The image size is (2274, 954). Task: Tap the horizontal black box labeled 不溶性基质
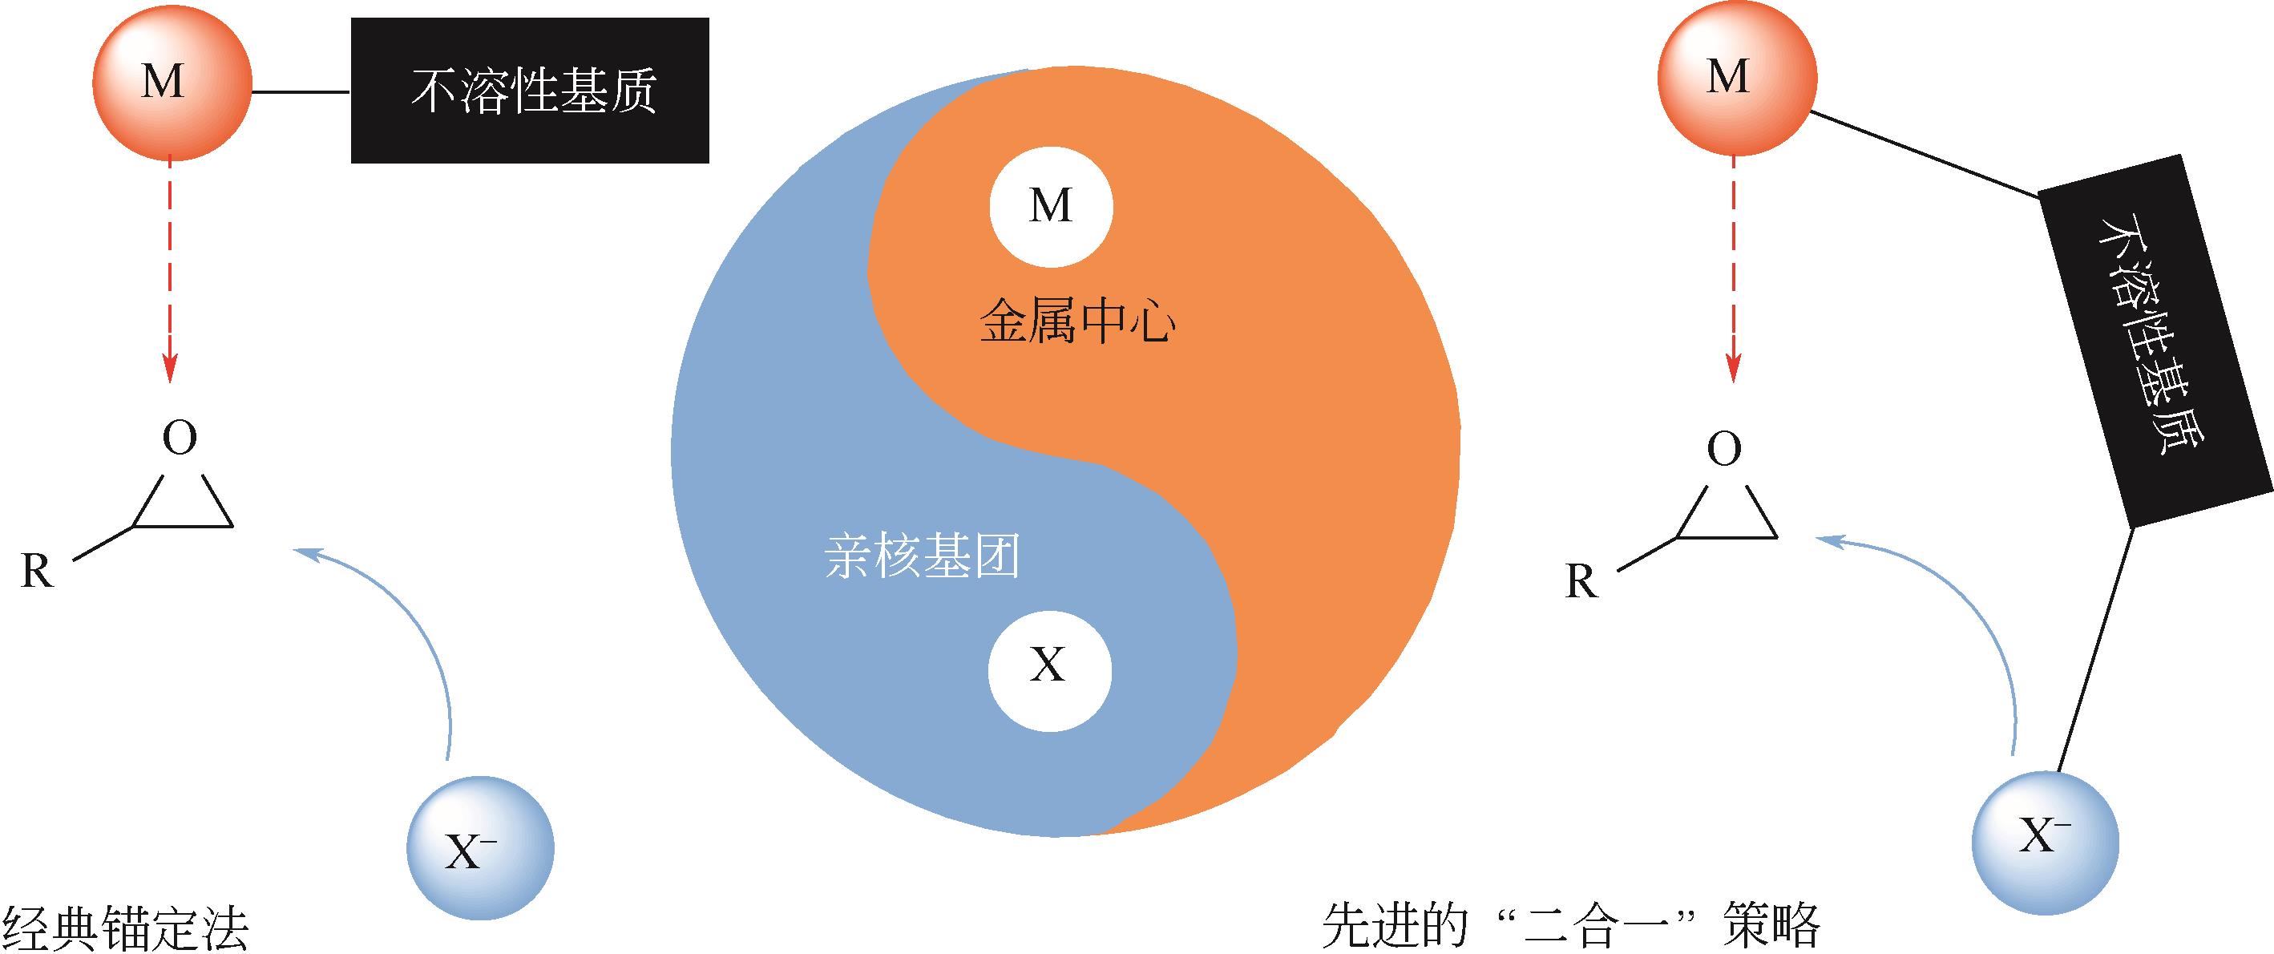pyautogui.click(x=530, y=91)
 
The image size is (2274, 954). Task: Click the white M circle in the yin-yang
pyautogui.click(x=1051, y=207)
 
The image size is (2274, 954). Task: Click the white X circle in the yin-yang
pyautogui.click(x=1048, y=666)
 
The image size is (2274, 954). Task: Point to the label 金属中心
pyautogui.click(x=1077, y=324)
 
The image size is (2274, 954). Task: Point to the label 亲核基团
pyautogui.click(x=922, y=558)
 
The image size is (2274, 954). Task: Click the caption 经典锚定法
pyautogui.click(x=125, y=928)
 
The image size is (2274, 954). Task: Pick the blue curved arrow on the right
pyautogui.click(x=1969, y=618)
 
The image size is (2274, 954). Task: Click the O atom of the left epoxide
pyautogui.click(x=180, y=438)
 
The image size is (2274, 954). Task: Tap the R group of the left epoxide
pyautogui.click(x=36, y=572)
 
